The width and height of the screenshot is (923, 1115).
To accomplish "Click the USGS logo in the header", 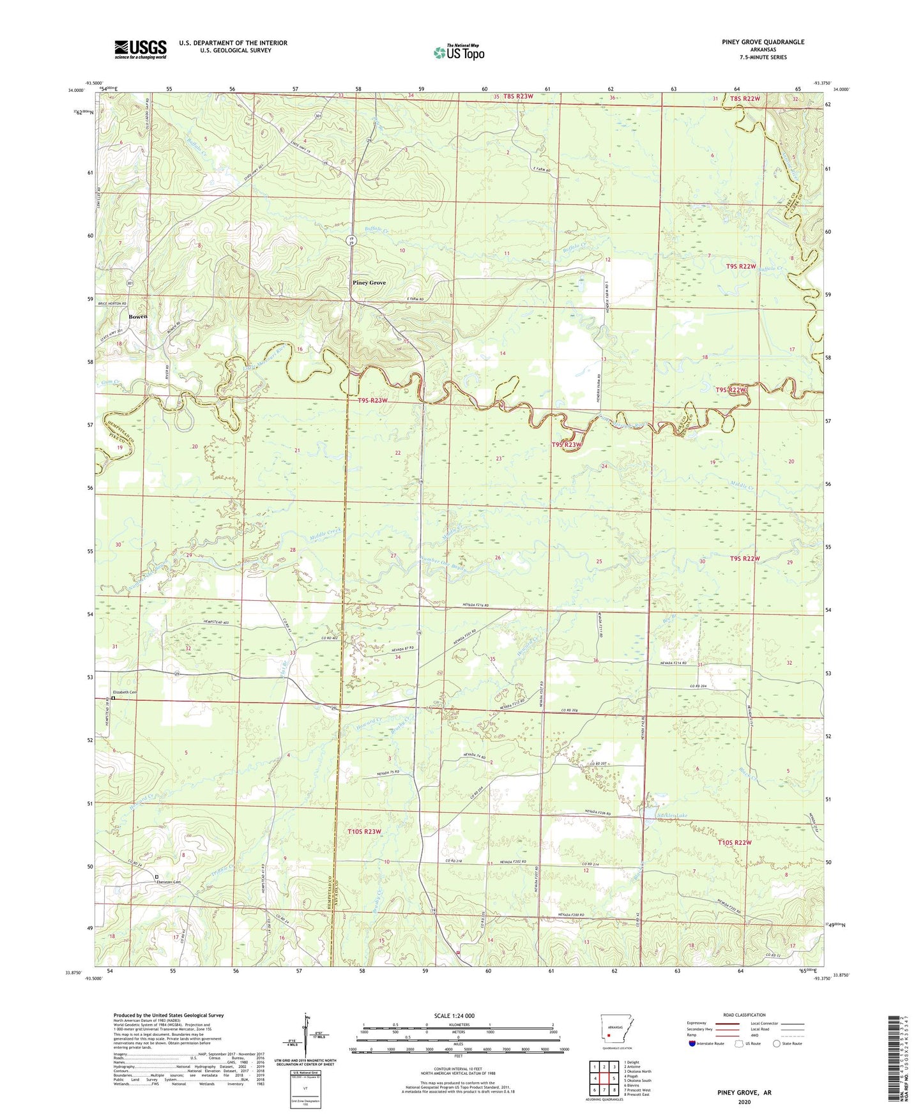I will point(140,49).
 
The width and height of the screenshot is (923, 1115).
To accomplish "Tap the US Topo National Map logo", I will point(459,52).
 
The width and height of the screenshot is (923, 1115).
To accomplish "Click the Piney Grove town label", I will point(369,282).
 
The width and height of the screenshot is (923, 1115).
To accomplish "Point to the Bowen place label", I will point(137,317).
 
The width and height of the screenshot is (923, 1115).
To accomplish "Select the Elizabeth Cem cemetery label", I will point(125,692).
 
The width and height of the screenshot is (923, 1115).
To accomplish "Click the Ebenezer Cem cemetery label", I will point(164,883).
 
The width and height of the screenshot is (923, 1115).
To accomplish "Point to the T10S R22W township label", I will point(734,842).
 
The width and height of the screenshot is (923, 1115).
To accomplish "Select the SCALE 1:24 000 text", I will point(459,1016).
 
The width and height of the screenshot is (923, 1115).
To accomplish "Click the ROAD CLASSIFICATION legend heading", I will point(744,1015).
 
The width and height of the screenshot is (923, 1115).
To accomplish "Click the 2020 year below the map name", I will point(744,1102).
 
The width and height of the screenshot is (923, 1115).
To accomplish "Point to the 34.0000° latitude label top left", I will point(75,91).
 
